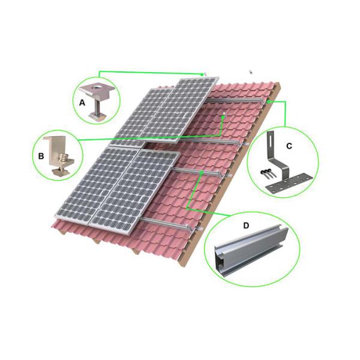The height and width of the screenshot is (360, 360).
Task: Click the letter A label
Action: click(x=82, y=103)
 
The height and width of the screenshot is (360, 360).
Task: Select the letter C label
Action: click(x=289, y=146)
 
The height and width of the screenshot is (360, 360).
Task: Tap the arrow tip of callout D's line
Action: click(x=203, y=172)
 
